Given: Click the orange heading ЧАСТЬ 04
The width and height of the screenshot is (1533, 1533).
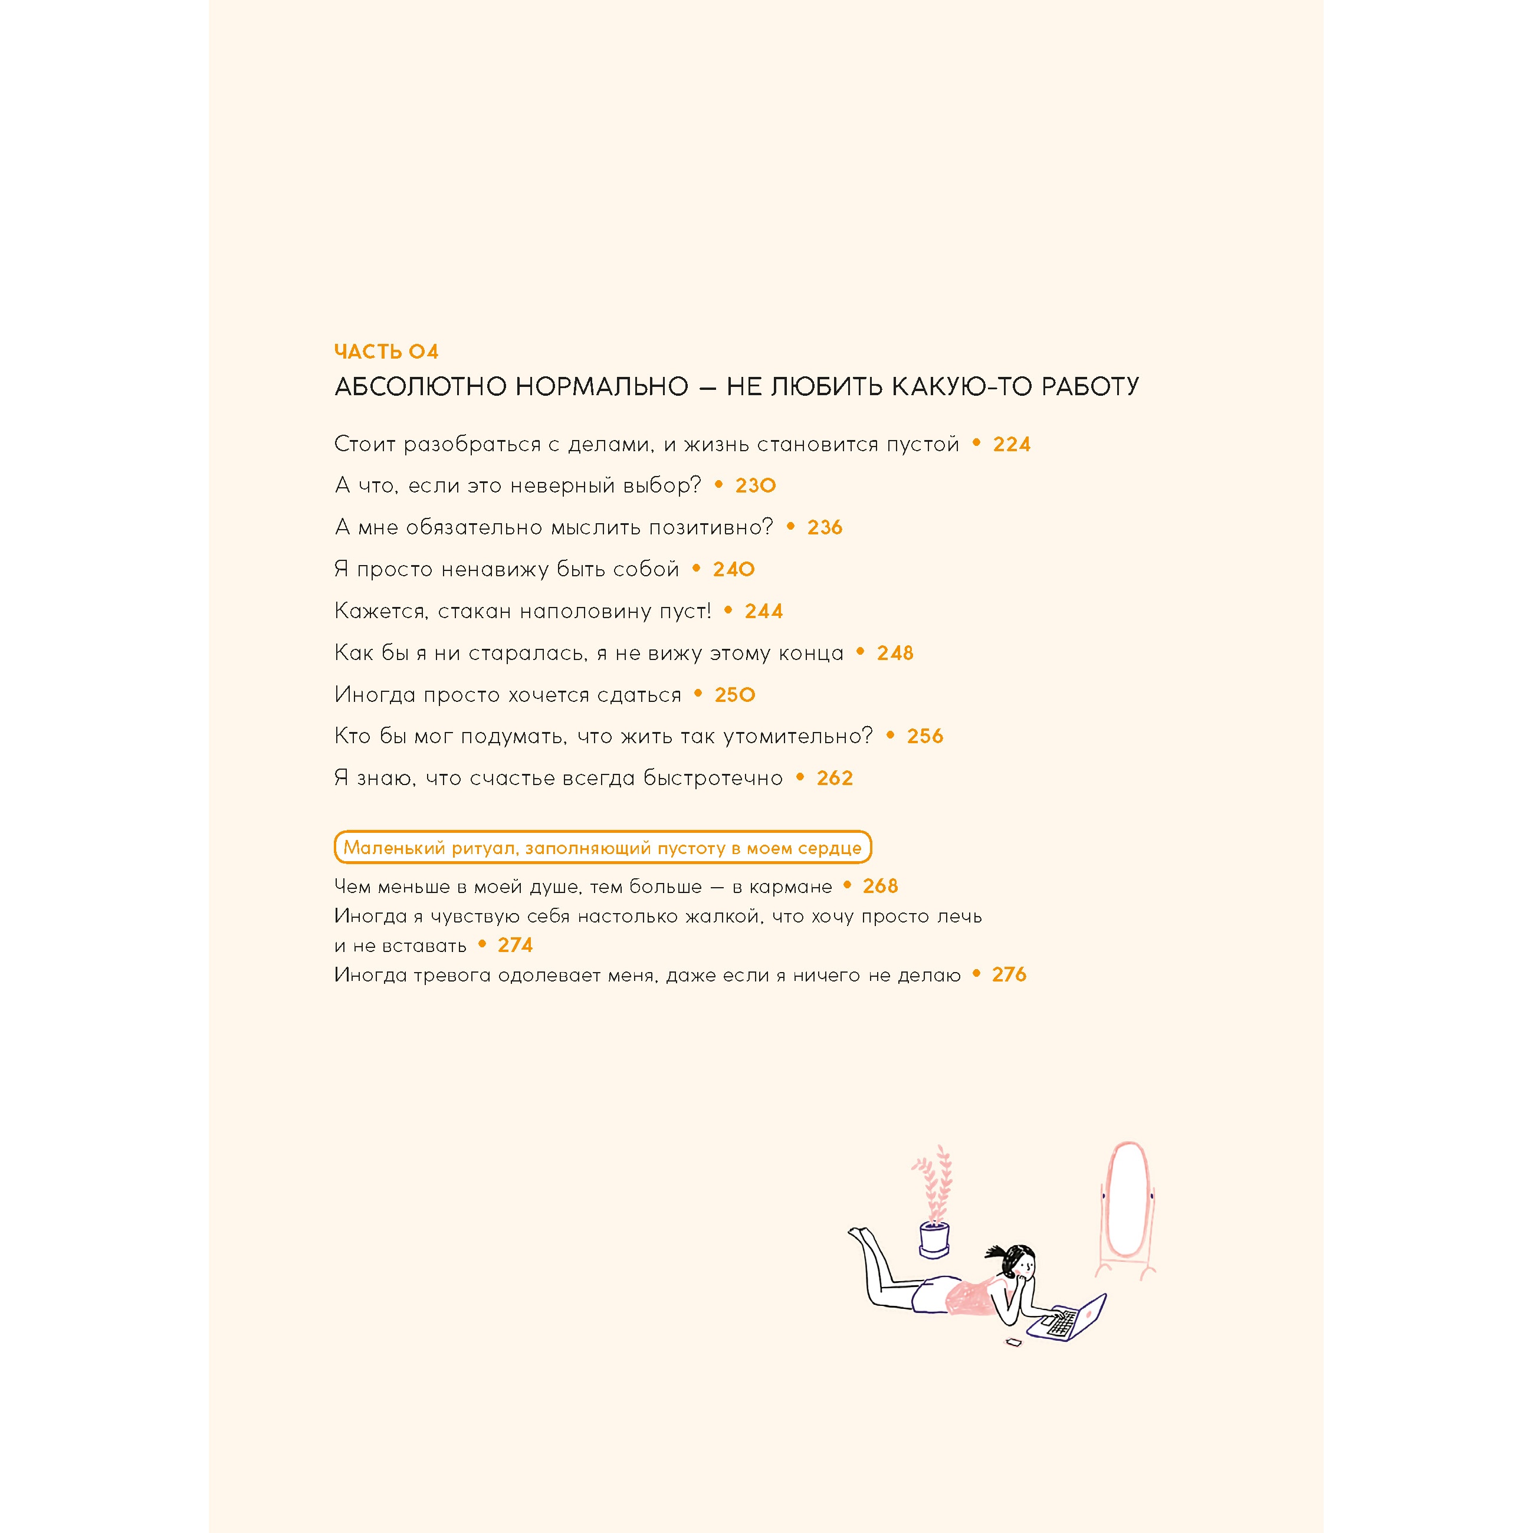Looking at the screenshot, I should (x=386, y=352).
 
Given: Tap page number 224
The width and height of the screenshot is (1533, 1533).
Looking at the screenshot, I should (x=1011, y=444).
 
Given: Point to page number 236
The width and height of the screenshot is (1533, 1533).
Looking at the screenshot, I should (x=825, y=528).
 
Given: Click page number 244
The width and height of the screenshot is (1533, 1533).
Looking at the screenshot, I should (x=763, y=611).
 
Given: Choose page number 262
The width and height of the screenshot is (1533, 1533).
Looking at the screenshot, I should (x=835, y=779).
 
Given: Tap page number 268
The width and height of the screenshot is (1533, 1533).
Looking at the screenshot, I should (x=880, y=887).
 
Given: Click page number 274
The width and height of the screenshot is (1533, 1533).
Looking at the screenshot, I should (x=515, y=945).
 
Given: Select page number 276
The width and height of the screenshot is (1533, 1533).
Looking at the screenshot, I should (x=1009, y=974).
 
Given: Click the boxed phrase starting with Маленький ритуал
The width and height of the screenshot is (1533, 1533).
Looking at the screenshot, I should (x=602, y=848).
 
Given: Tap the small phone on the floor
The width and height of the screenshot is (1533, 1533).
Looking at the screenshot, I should (x=1013, y=1342).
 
